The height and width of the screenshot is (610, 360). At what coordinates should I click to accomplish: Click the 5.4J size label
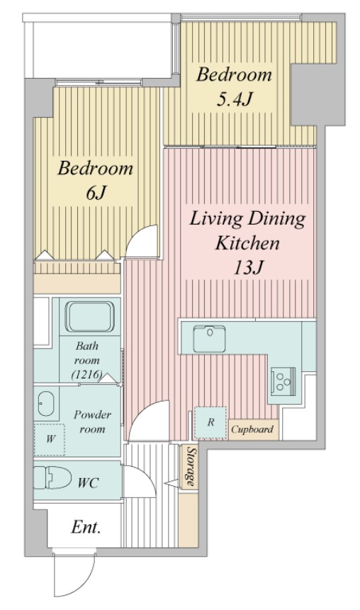(234, 98)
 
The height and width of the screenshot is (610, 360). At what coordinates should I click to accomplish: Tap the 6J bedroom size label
(96, 193)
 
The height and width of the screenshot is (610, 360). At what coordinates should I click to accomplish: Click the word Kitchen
(247, 243)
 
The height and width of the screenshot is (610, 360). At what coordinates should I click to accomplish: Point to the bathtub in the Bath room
(89, 316)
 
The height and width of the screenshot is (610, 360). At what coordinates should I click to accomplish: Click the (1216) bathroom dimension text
(86, 375)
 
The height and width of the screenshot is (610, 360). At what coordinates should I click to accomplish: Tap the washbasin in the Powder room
(46, 403)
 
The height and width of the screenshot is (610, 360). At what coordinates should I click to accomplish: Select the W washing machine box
(50, 439)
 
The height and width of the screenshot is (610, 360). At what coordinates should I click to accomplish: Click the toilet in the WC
(52, 478)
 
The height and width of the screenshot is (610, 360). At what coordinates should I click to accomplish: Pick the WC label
(88, 483)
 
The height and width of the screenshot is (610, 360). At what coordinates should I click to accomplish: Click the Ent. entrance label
(86, 527)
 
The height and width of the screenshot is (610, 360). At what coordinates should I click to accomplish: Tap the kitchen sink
(209, 339)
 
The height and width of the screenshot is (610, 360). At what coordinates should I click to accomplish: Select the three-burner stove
(283, 380)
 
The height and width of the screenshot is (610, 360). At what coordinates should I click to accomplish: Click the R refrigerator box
(210, 422)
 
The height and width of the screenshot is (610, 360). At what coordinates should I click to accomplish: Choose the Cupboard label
(252, 429)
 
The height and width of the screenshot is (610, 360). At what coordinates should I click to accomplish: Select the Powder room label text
(93, 422)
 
